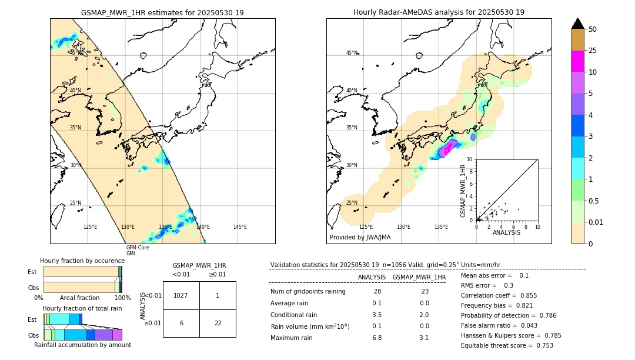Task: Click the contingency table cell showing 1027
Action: click(x=181, y=295)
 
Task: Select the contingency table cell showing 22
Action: click(x=218, y=323)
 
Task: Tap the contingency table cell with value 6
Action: click(x=181, y=323)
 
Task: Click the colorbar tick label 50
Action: click(x=593, y=29)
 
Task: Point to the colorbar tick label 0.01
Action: click(x=596, y=222)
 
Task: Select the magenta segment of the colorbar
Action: click(x=578, y=61)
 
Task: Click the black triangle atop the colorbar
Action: click(x=578, y=24)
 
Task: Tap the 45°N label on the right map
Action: click(x=352, y=53)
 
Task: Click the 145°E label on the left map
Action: click(x=240, y=227)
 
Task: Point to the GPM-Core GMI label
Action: click(x=138, y=251)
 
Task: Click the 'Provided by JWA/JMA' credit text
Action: click(x=360, y=237)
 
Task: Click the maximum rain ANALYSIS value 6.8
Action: click(x=377, y=338)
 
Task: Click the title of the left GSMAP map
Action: click(x=162, y=12)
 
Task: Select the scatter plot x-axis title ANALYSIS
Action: click(x=506, y=232)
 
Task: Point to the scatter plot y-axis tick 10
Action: click(x=470, y=159)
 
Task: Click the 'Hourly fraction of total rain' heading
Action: click(x=82, y=308)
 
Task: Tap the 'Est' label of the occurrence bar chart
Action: click(x=32, y=272)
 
